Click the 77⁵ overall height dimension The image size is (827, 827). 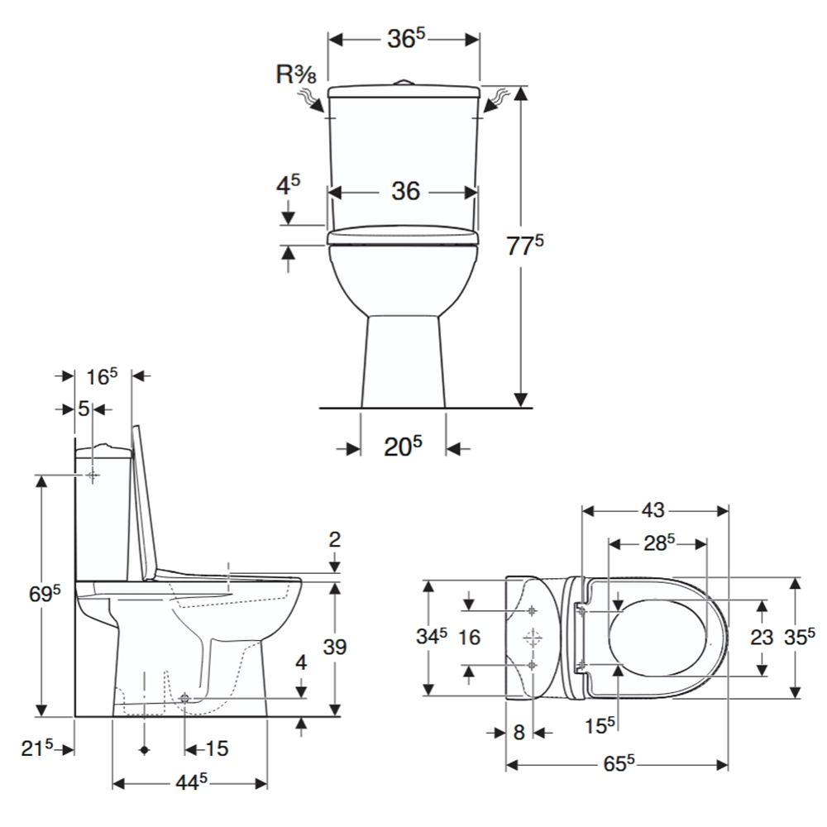click(x=525, y=246)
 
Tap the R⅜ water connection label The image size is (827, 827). click(x=296, y=74)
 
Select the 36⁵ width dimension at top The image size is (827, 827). click(x=405, y=39)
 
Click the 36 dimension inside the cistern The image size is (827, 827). click(x=405, y=191)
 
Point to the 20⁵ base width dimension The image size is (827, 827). click(x=403, y=447)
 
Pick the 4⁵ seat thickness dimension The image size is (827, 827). click(x=288, y=185)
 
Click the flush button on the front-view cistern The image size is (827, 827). click(x=404, y=83)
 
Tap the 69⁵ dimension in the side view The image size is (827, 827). click(x=45, y=594)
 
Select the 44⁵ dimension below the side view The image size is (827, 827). click(x=192, y=782)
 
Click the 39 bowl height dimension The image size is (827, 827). click(x=334, y=648)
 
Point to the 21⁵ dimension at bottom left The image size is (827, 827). click(x=37, y=748)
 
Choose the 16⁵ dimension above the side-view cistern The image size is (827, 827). click(x=102, y=376)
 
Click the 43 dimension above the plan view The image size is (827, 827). click(x=653, y=510)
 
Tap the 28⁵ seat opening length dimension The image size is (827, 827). click(x=659, y=543)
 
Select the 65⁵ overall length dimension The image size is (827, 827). click(x=619, y=763)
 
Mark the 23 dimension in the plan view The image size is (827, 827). click(x=762, y=637)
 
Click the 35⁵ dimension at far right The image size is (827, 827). click(x=800, y=637)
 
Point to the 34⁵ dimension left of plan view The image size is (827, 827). click(x=432, y=636)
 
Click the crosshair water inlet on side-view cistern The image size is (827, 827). click(x=93, y=476)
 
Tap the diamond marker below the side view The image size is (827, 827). click(x=145, y=750)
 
